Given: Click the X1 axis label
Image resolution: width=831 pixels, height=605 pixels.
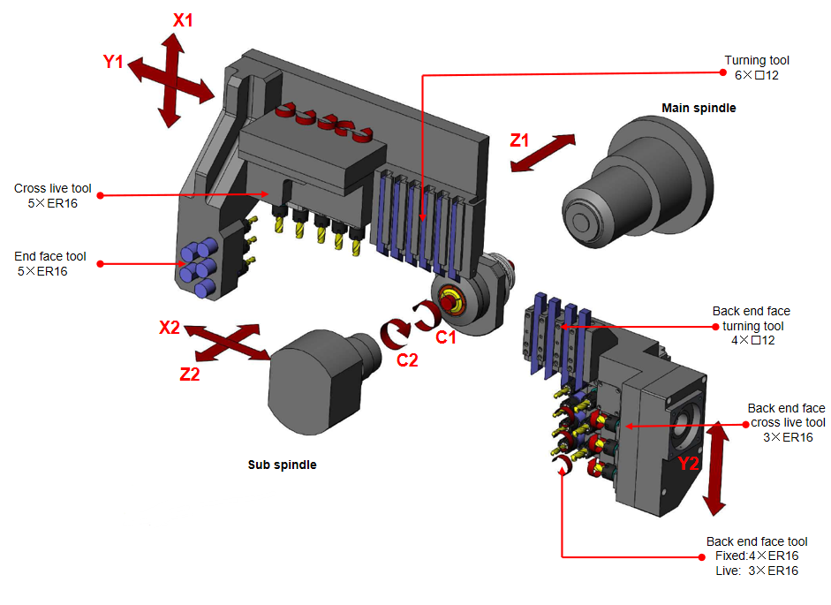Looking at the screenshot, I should [x=183, y=19].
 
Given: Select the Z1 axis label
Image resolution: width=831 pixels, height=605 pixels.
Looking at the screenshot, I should [x=520, y=139].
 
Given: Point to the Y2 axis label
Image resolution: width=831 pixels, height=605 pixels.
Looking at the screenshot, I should [x=690, y=464].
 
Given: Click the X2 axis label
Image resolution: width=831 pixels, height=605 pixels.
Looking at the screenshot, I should [x=170, y=328].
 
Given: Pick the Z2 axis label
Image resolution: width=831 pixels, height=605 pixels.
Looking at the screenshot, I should [x=190, y=374].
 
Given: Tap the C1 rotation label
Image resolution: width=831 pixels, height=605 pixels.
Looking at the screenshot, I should [x=446, y=337].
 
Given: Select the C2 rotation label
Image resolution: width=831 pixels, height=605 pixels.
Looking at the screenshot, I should [x=407, y=359].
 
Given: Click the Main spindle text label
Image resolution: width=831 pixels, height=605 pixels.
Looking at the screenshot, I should [x=699, y=109].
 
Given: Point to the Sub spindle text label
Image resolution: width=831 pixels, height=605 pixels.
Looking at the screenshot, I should [x=282, y=465].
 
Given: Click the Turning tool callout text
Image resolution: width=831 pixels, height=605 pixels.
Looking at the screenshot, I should [x=756, y=68].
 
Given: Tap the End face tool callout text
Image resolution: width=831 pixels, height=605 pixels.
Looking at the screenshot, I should [x=50, y=263].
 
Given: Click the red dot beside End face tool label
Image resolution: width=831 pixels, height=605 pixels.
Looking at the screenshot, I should [x=101, y=264].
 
